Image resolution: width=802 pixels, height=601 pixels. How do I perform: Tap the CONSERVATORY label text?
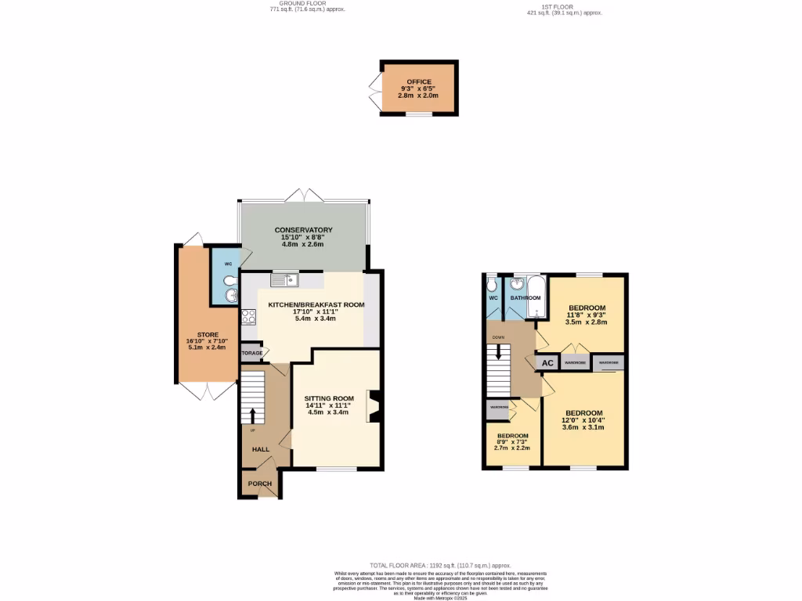pyautogui.click(x=303, y=230)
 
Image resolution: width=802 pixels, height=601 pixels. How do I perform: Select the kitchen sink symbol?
pyautogui.click(x=285, y=279)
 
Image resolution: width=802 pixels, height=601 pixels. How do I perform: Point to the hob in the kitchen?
pyautogui.click(x=249, y=316)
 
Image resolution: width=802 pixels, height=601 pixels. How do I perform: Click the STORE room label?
pyautogui.click(x=208, y=334)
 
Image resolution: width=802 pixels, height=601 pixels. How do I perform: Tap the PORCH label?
pyautogui.click(x=259, y=484)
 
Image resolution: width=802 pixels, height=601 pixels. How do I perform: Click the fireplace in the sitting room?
pyautogui.click(x=374, y=406)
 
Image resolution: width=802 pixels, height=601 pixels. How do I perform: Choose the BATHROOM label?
pyautogui.click(x=526, y=298)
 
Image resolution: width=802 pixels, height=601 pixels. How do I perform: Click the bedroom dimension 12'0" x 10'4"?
pyautogui.click(x=584, y=420)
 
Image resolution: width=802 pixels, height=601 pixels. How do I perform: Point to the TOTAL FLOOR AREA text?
pyautogui.click(x=439, y=565)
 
